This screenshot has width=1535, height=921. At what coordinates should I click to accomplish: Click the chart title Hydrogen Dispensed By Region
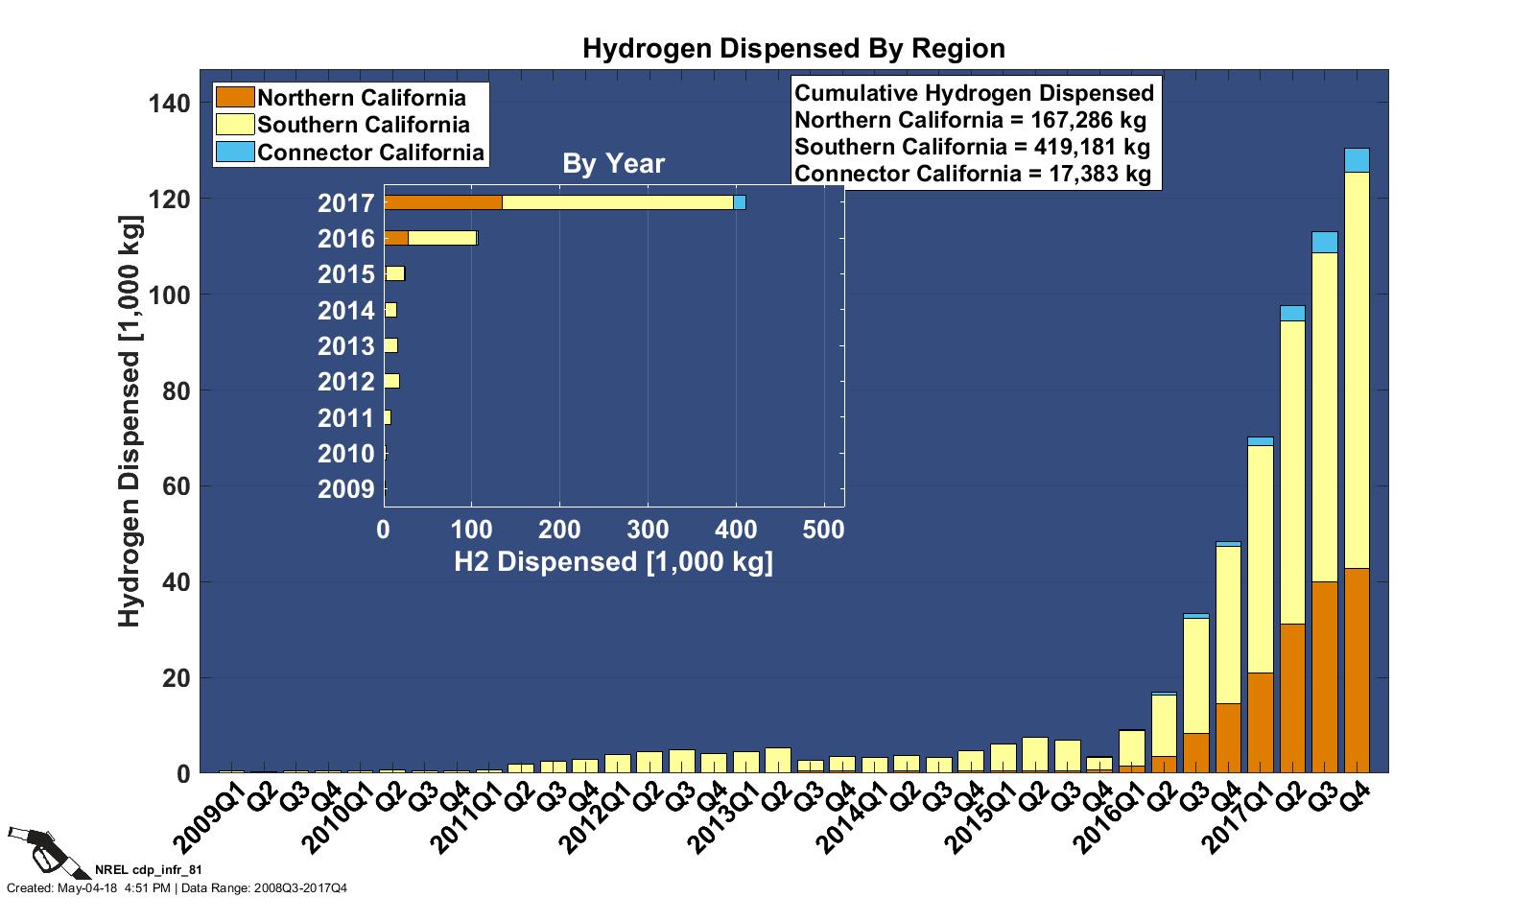(x=793, y=49)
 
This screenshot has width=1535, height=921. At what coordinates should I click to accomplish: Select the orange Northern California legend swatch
(x=235, y=97)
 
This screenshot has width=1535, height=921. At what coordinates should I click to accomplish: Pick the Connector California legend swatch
(x=235, y=152)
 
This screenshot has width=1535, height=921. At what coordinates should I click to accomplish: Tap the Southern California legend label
(x=364, y=125)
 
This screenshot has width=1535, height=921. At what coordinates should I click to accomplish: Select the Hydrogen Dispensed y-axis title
(x=130, y=422)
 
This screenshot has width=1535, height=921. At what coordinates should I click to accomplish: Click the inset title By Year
(x=613, y=164)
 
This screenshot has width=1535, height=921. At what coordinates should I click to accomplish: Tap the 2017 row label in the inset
(x=345, y=203)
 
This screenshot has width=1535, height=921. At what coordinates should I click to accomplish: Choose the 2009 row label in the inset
(x=345, y=489)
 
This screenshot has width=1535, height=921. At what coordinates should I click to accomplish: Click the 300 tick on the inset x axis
(x=648, y=529)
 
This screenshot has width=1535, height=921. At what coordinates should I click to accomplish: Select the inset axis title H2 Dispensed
(x=613, y=561)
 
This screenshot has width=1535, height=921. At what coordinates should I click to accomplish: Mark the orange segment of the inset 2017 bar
(x=442, y=202)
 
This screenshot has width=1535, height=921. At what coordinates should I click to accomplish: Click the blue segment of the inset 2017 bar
(x=740, y=202)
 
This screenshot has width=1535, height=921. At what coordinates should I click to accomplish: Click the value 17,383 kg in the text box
(x=1098, y=174)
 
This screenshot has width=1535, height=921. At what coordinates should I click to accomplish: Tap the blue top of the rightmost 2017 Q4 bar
(x=1357, y=160)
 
